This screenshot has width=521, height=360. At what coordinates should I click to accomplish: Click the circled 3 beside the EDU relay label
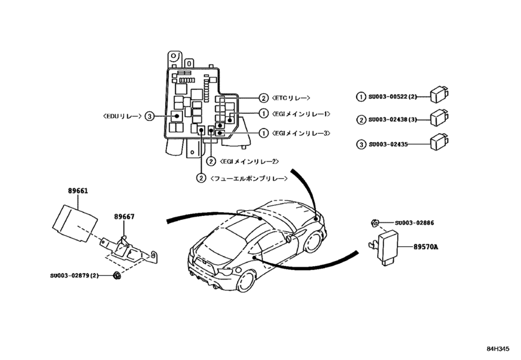(x=149, y=116)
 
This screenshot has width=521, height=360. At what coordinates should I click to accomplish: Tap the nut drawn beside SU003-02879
(x=116, y=276)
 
